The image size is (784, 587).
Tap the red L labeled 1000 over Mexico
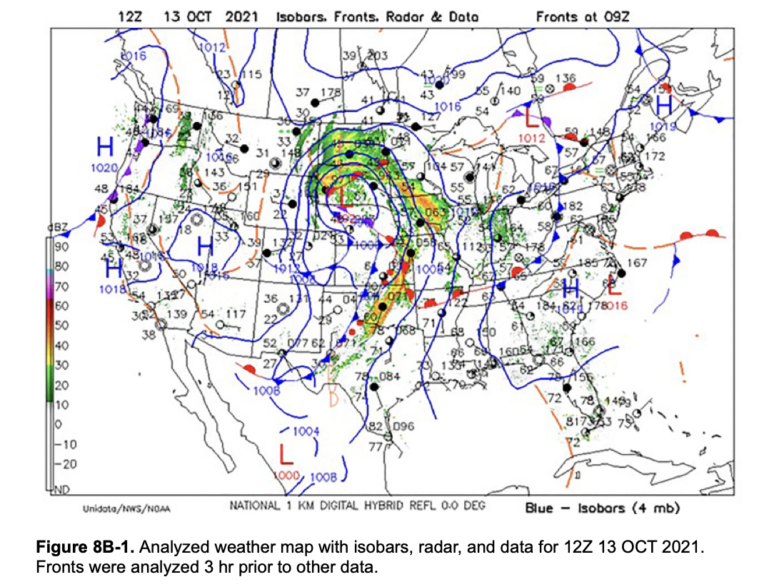[286, 454]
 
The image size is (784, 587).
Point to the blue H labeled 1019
[664, 106]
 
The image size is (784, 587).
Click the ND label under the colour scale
[62, 488]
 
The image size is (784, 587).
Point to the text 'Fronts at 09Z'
[579, 16]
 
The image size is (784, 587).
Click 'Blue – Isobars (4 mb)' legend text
[602, 508]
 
